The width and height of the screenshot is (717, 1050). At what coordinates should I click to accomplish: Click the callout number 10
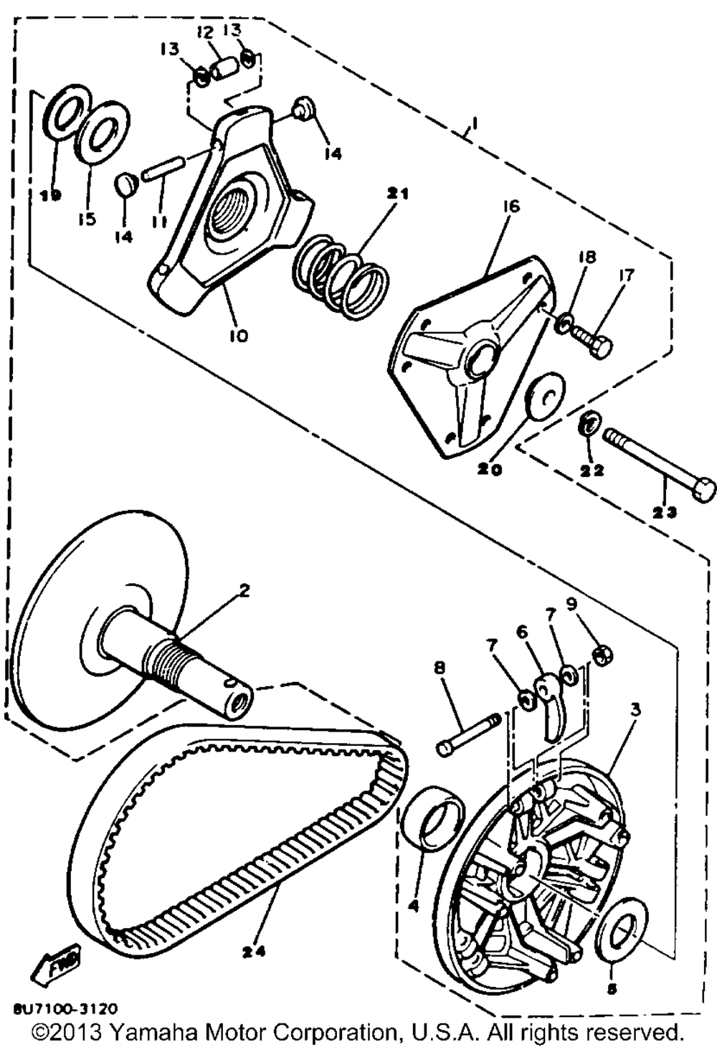[238, 335]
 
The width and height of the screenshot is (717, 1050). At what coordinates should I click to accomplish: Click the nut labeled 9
[601, 654]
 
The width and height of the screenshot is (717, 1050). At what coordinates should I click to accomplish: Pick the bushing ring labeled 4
[430, 818]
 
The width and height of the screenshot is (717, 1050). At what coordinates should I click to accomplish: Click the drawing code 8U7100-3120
[65, 1010]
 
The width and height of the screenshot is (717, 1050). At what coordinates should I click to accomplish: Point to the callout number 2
[244, 592]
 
